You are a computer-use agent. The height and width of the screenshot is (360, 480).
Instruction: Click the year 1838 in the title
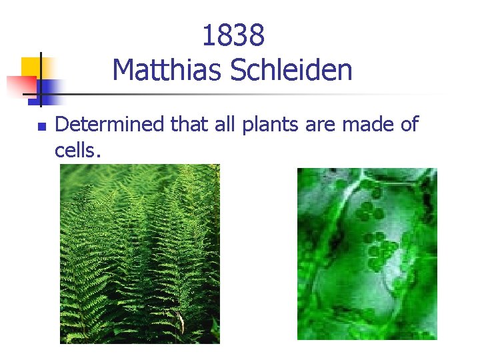point(233,36)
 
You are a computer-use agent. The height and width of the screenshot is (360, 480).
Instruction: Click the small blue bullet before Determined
point(41,125)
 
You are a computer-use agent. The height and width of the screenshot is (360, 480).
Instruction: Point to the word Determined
point(110,124)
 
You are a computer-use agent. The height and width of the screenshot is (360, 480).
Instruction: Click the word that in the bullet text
point(191,124)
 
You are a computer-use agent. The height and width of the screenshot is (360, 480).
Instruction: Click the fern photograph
point(140,254)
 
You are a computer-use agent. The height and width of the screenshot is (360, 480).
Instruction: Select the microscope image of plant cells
point(367,254)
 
